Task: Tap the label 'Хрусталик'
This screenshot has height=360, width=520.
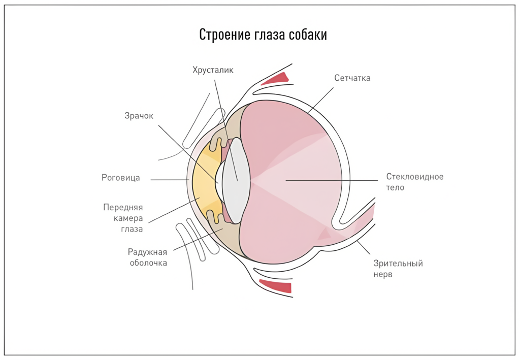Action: (213, 70)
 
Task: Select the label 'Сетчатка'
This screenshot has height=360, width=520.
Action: (352, 78)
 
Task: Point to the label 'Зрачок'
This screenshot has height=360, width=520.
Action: (139, 116)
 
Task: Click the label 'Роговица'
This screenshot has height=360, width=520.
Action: (121, 178)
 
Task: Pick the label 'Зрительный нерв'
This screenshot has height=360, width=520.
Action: (398, 269)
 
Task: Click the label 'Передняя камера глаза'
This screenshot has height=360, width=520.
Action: (123, 218)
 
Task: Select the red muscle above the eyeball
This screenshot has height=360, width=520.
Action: (275, 78)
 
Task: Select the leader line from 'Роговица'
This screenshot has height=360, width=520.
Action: (170, 180)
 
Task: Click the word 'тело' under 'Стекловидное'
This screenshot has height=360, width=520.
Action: (395, 187)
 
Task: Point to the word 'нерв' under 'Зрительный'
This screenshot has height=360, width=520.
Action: (383, 275)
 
